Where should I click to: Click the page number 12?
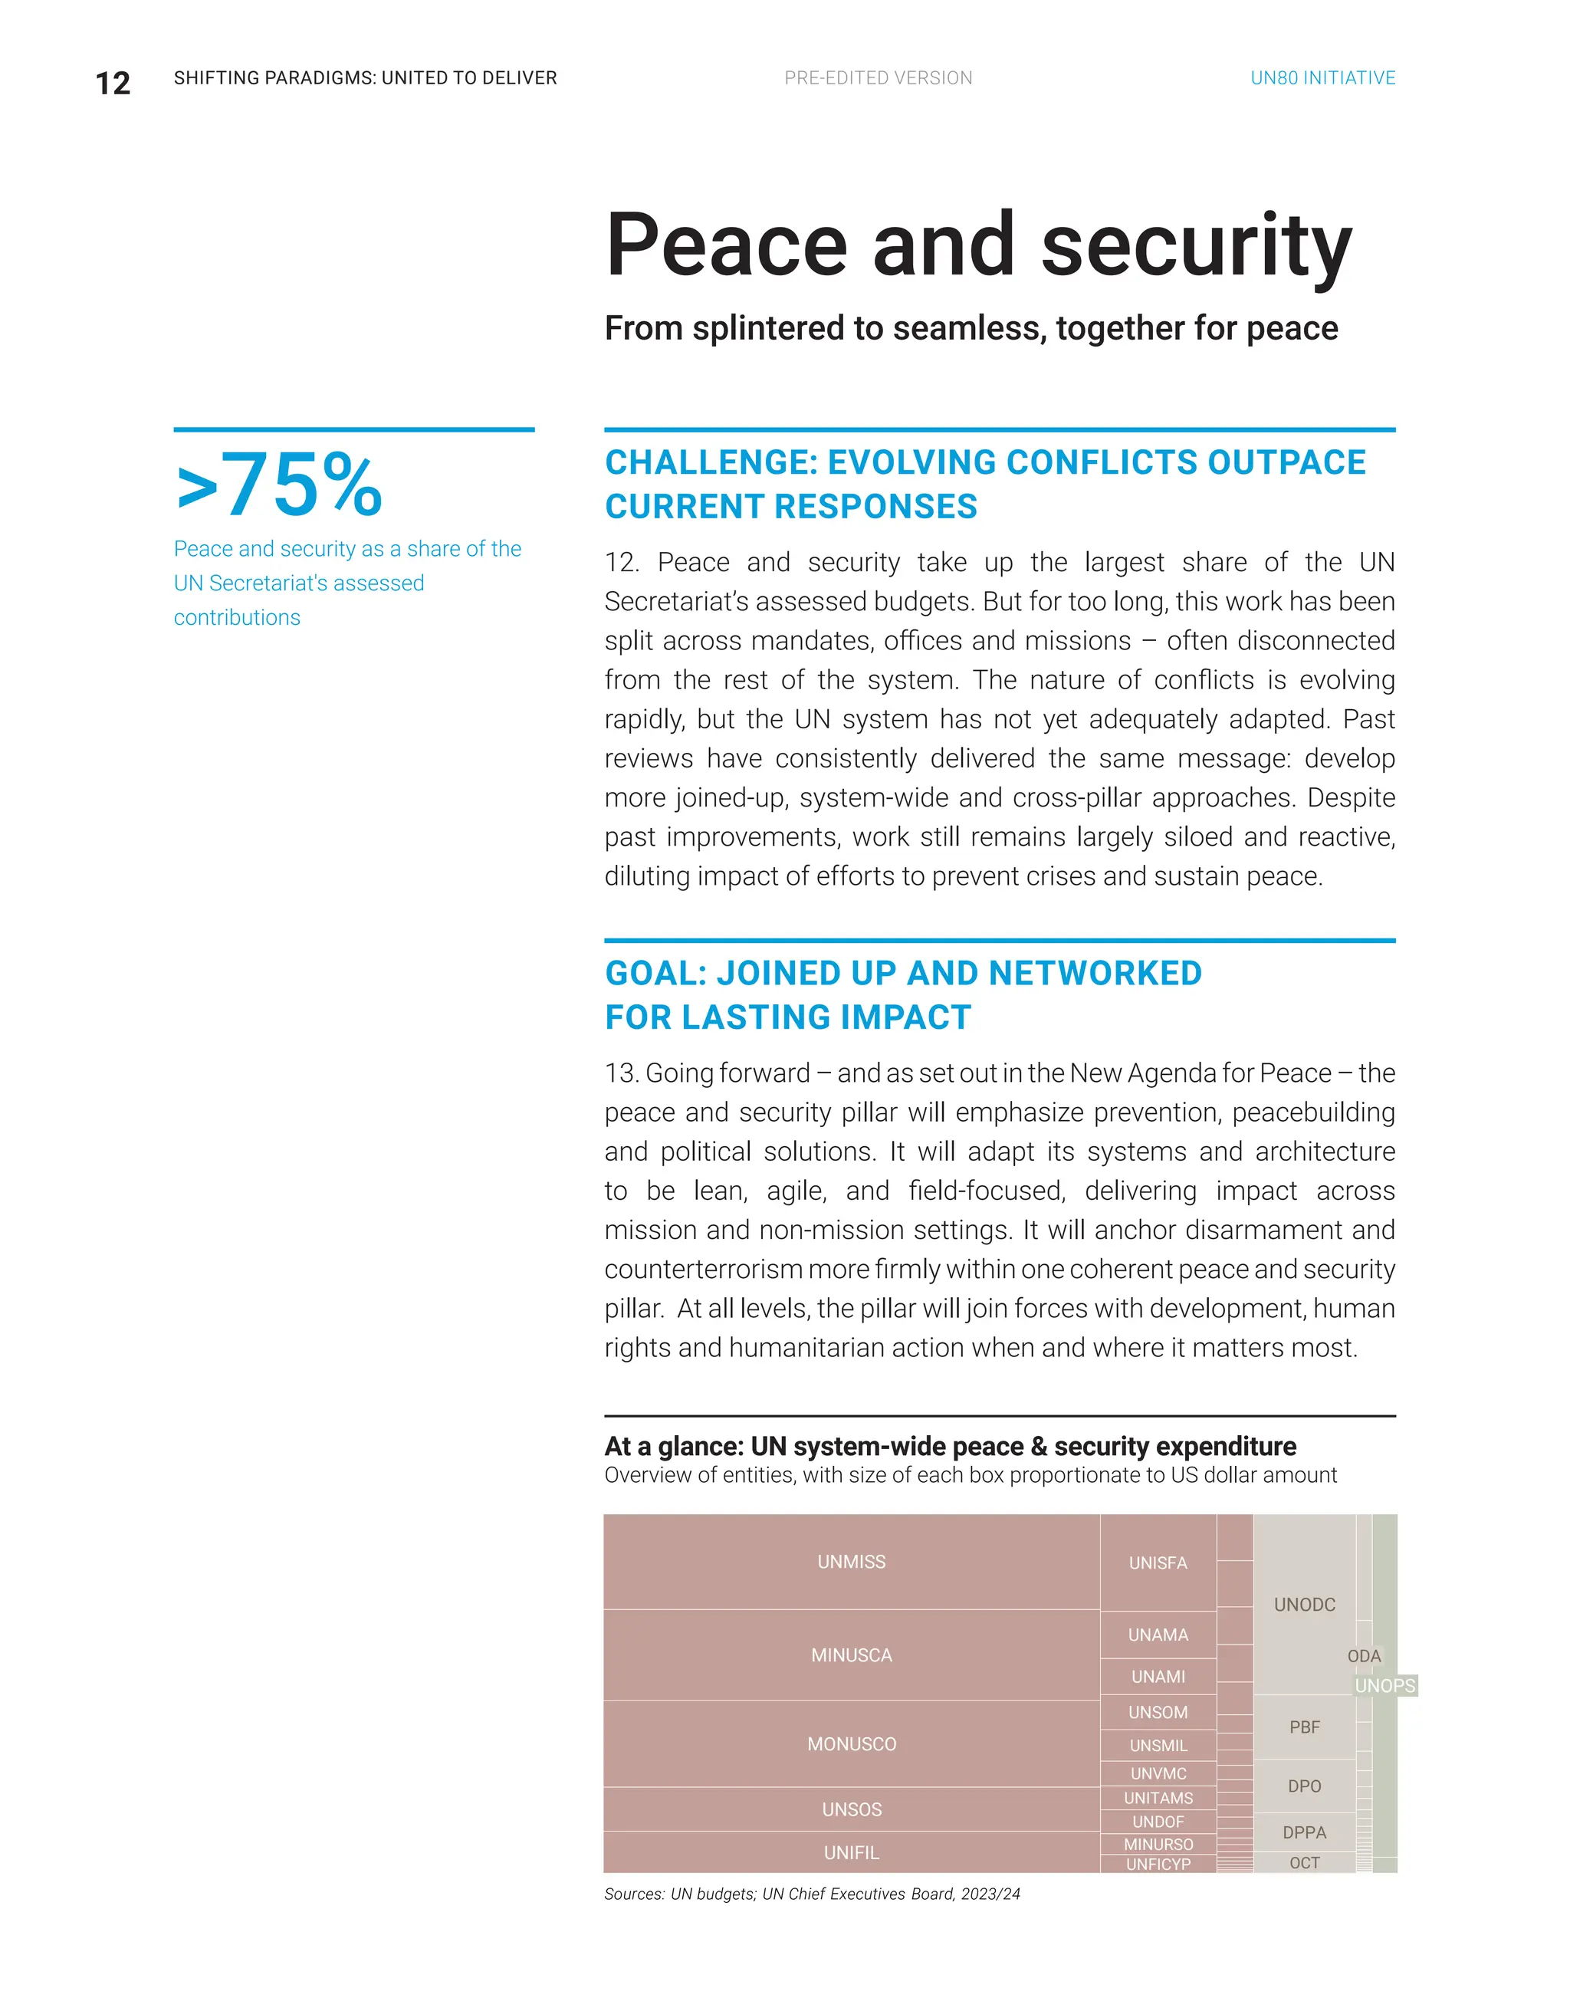tap(113, 83)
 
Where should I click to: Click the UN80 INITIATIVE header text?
tap(1322, 78)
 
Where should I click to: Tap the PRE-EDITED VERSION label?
tap(878, 78)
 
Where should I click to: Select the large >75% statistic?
tap(279, 485)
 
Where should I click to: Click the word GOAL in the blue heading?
tap(655, 973)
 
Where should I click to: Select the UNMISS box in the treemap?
tap(851, 1562)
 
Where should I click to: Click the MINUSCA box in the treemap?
tap(851, 1654)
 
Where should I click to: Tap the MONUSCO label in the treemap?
tap(851, 1744)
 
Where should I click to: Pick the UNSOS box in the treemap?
tap(851, 1809)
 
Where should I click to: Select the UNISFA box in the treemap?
tap(1158, 1562)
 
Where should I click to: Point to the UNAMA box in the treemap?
tap(1158, 1635)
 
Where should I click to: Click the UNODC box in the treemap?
tap(1304, 1604)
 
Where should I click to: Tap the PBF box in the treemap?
tap(1304, 1727)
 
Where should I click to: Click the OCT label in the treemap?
tap(1304, 1863)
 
